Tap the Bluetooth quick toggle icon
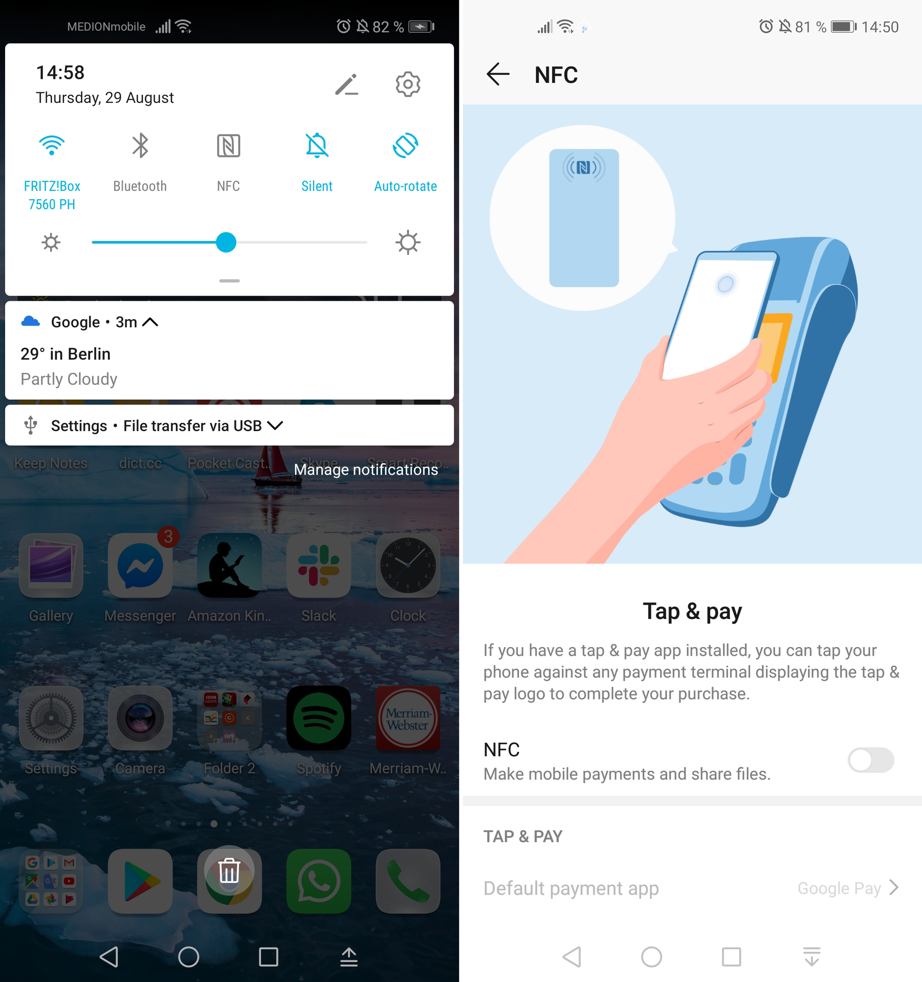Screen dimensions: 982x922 pos(140,146)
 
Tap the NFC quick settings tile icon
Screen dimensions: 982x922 pos(228,146)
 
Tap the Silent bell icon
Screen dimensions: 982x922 pos(317,146)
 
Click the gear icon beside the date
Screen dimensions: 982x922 pos(408,84)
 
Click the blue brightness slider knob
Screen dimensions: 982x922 pos(226,242)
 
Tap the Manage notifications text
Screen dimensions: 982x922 pos(366,470)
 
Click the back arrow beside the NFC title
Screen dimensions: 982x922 pos(498,75)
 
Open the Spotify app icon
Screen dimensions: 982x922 pos(319,719)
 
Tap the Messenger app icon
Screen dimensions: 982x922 pos(140,566)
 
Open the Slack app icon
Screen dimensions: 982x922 pos(319,566)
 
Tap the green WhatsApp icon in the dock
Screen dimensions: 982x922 pos(319,881)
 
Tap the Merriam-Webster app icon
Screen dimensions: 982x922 pos(408,719)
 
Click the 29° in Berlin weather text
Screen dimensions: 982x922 pos(65,354)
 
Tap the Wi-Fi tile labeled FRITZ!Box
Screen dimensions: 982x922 pos(52,146)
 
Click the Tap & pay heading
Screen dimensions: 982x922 pos(692,611)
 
